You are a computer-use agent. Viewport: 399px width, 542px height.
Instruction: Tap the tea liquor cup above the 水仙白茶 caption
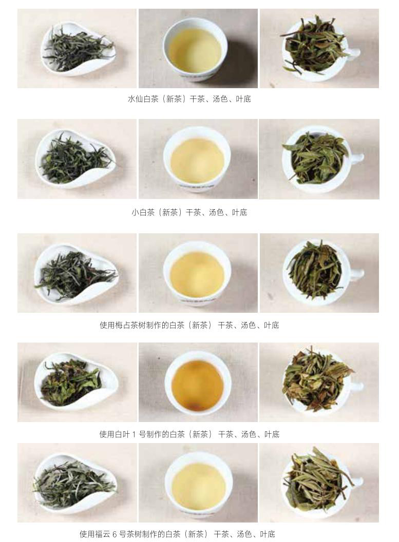[195, 49]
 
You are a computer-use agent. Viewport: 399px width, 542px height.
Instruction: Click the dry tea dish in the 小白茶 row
[76, 159]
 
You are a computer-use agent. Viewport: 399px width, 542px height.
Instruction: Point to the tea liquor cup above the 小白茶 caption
[197, 159]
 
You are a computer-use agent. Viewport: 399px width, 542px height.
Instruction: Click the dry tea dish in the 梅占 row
[76, 274]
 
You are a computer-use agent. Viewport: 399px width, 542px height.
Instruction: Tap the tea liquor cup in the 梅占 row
[197, 273]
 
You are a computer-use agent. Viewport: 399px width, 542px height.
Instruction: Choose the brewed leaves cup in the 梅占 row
[319, 272]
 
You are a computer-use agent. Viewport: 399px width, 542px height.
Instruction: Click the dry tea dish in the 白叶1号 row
[76, 382]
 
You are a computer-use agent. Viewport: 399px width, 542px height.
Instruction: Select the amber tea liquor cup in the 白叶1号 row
[198, 384]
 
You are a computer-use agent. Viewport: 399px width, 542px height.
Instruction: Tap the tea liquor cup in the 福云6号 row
[198, 484]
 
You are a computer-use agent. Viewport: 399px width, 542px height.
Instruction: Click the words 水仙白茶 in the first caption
[143, 99]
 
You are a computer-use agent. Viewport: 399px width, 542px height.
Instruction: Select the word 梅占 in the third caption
[123, 325]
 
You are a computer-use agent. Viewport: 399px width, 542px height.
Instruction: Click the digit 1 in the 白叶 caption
[134, 434]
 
